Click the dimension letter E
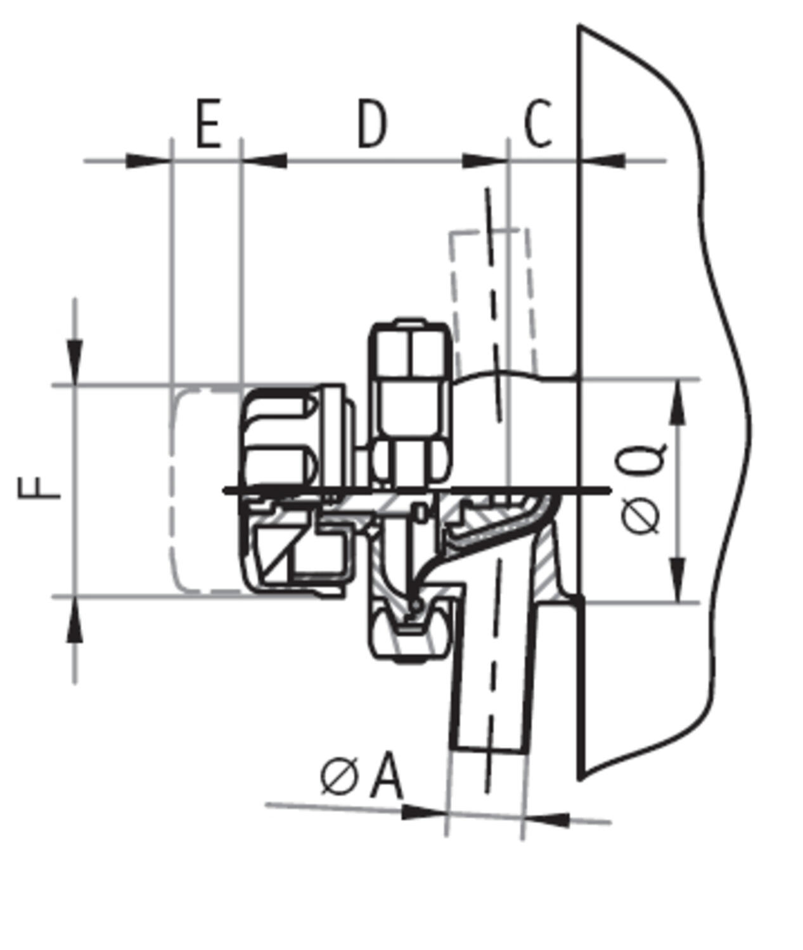point(209,123)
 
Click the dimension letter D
point(373,123)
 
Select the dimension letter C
point(538,123)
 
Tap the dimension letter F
point(39,488)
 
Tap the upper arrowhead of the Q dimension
point(678,402)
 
